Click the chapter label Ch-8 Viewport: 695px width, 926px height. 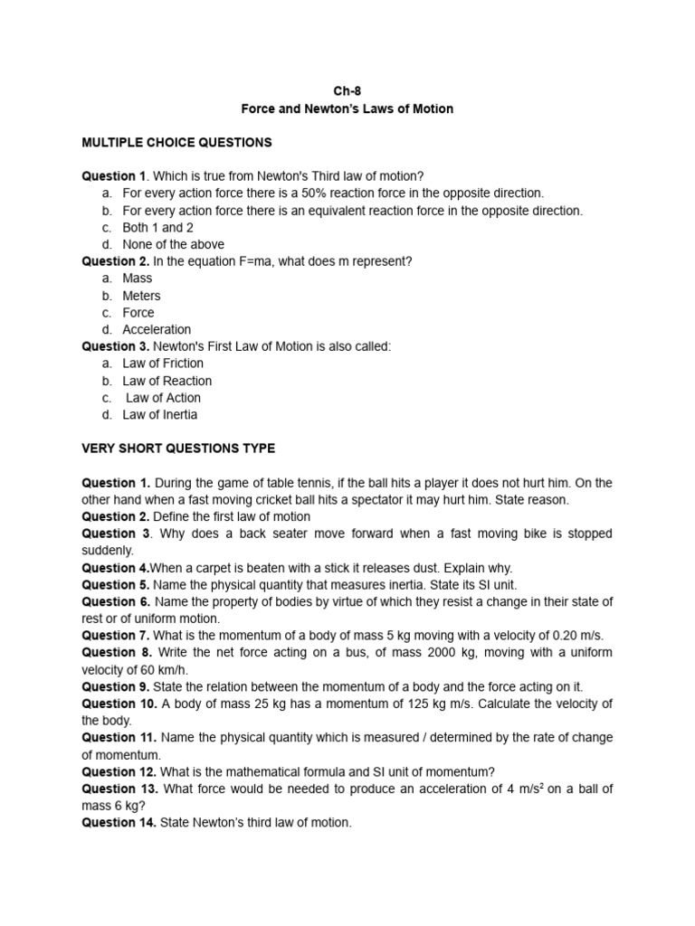click(x=347, y=91)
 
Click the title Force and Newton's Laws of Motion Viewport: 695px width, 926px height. click(x=347, y=109)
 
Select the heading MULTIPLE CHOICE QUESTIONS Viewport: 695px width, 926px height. click(x=176, y=143)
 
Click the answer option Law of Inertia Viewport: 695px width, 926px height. click(x=159, y=415)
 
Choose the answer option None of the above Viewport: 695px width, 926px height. click(x=173, y=244)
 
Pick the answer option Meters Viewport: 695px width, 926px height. click(x=141, y=296)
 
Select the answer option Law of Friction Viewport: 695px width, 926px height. click(x=163, y=364)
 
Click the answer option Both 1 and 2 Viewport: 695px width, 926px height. click(x=157, y=228)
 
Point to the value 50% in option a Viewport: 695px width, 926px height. click(x=312, y=194)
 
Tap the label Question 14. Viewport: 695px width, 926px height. click(x=119, y=824)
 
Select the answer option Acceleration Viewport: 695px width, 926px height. click(x=157, y=330)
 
